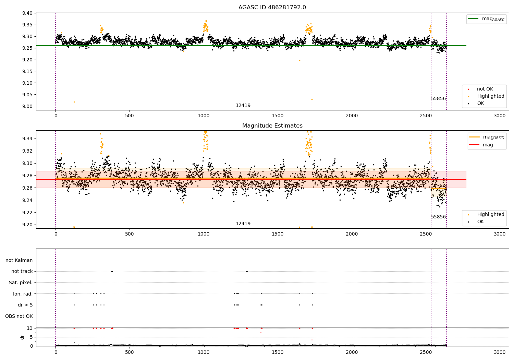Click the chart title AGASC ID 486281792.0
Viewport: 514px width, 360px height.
[272, 7]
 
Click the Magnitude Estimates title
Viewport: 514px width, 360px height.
[272, 125]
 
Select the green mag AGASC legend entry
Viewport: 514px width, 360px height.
[487, 19]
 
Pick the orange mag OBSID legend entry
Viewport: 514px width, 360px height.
[487, 137]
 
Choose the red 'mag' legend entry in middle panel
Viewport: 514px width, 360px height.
[481, 145]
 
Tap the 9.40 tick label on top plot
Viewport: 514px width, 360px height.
[27, 13]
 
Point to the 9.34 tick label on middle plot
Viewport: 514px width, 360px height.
[27, 139]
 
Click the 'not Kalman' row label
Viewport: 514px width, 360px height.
[19, 260]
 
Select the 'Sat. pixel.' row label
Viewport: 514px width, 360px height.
[21, 283]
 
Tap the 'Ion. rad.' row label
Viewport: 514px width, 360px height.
[23, 293]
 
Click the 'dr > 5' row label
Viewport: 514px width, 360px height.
[25, 305]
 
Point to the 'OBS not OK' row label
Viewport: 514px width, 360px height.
[19, 316]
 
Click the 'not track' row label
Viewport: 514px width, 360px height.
[22, 271]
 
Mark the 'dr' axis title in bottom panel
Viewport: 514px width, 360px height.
[22, 337]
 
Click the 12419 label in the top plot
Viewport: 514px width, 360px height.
[243, 105]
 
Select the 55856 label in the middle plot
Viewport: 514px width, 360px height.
[438, 217]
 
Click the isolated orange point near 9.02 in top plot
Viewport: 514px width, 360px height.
[74, 102]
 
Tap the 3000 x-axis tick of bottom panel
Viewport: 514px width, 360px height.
[500, 352]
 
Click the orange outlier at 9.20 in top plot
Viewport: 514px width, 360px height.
[300, 61]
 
